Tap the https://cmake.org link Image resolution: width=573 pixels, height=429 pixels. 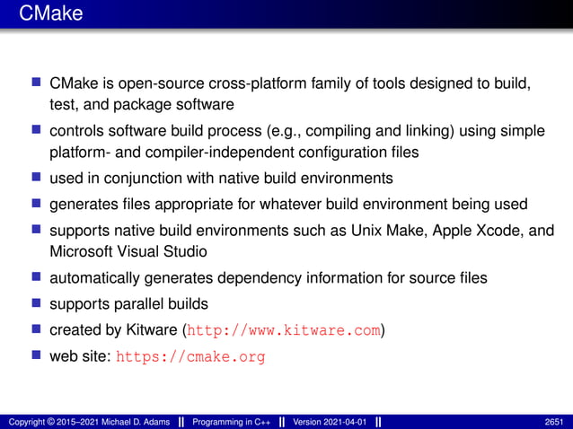click(190, 356)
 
